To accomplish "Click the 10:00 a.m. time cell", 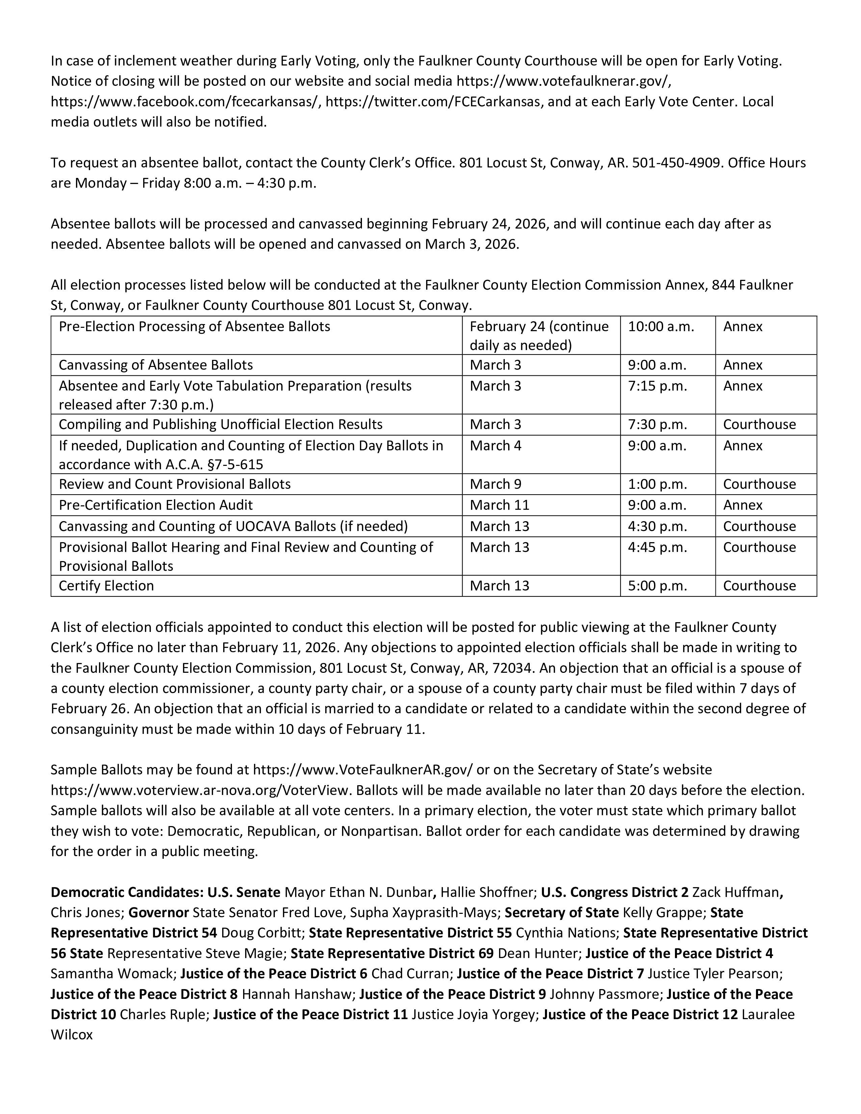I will point(661,326).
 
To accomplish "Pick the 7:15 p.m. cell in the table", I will point(657,386).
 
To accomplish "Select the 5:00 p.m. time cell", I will point(657,586).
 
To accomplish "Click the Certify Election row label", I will point(106,586).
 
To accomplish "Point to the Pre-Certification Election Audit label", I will point(156,505).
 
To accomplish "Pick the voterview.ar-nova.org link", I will point(200,790).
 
